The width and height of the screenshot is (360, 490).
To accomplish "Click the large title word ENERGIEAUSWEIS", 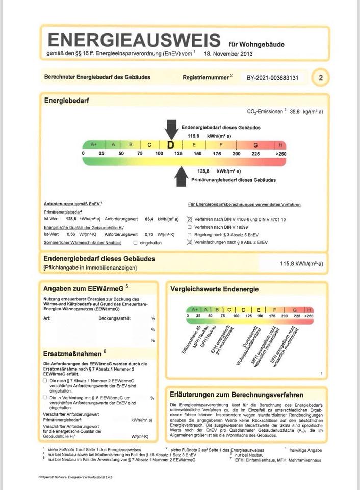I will click(x=134, y=41).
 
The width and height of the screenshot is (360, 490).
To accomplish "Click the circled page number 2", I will click(x=321, y=78).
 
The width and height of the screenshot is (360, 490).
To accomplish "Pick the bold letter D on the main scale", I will click(x=171, y=145).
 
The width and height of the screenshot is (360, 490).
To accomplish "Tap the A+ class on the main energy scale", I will click(x=94, y=145).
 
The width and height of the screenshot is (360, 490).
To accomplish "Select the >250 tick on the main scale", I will click(x=281, y=154).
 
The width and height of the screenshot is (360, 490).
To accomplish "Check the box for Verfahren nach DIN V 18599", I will click(x=190, y=227).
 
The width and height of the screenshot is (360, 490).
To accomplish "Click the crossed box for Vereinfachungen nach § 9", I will click(x=190, y=242).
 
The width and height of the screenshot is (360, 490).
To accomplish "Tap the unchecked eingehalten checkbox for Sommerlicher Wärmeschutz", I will click(x=135, y=243).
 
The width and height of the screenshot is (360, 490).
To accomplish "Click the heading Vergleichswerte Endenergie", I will click(x=215, y=289).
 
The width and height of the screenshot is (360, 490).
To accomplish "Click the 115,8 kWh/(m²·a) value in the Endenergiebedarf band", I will click(x=301, y=264).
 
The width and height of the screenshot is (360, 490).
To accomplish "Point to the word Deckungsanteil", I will click(x=114, y=318).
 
